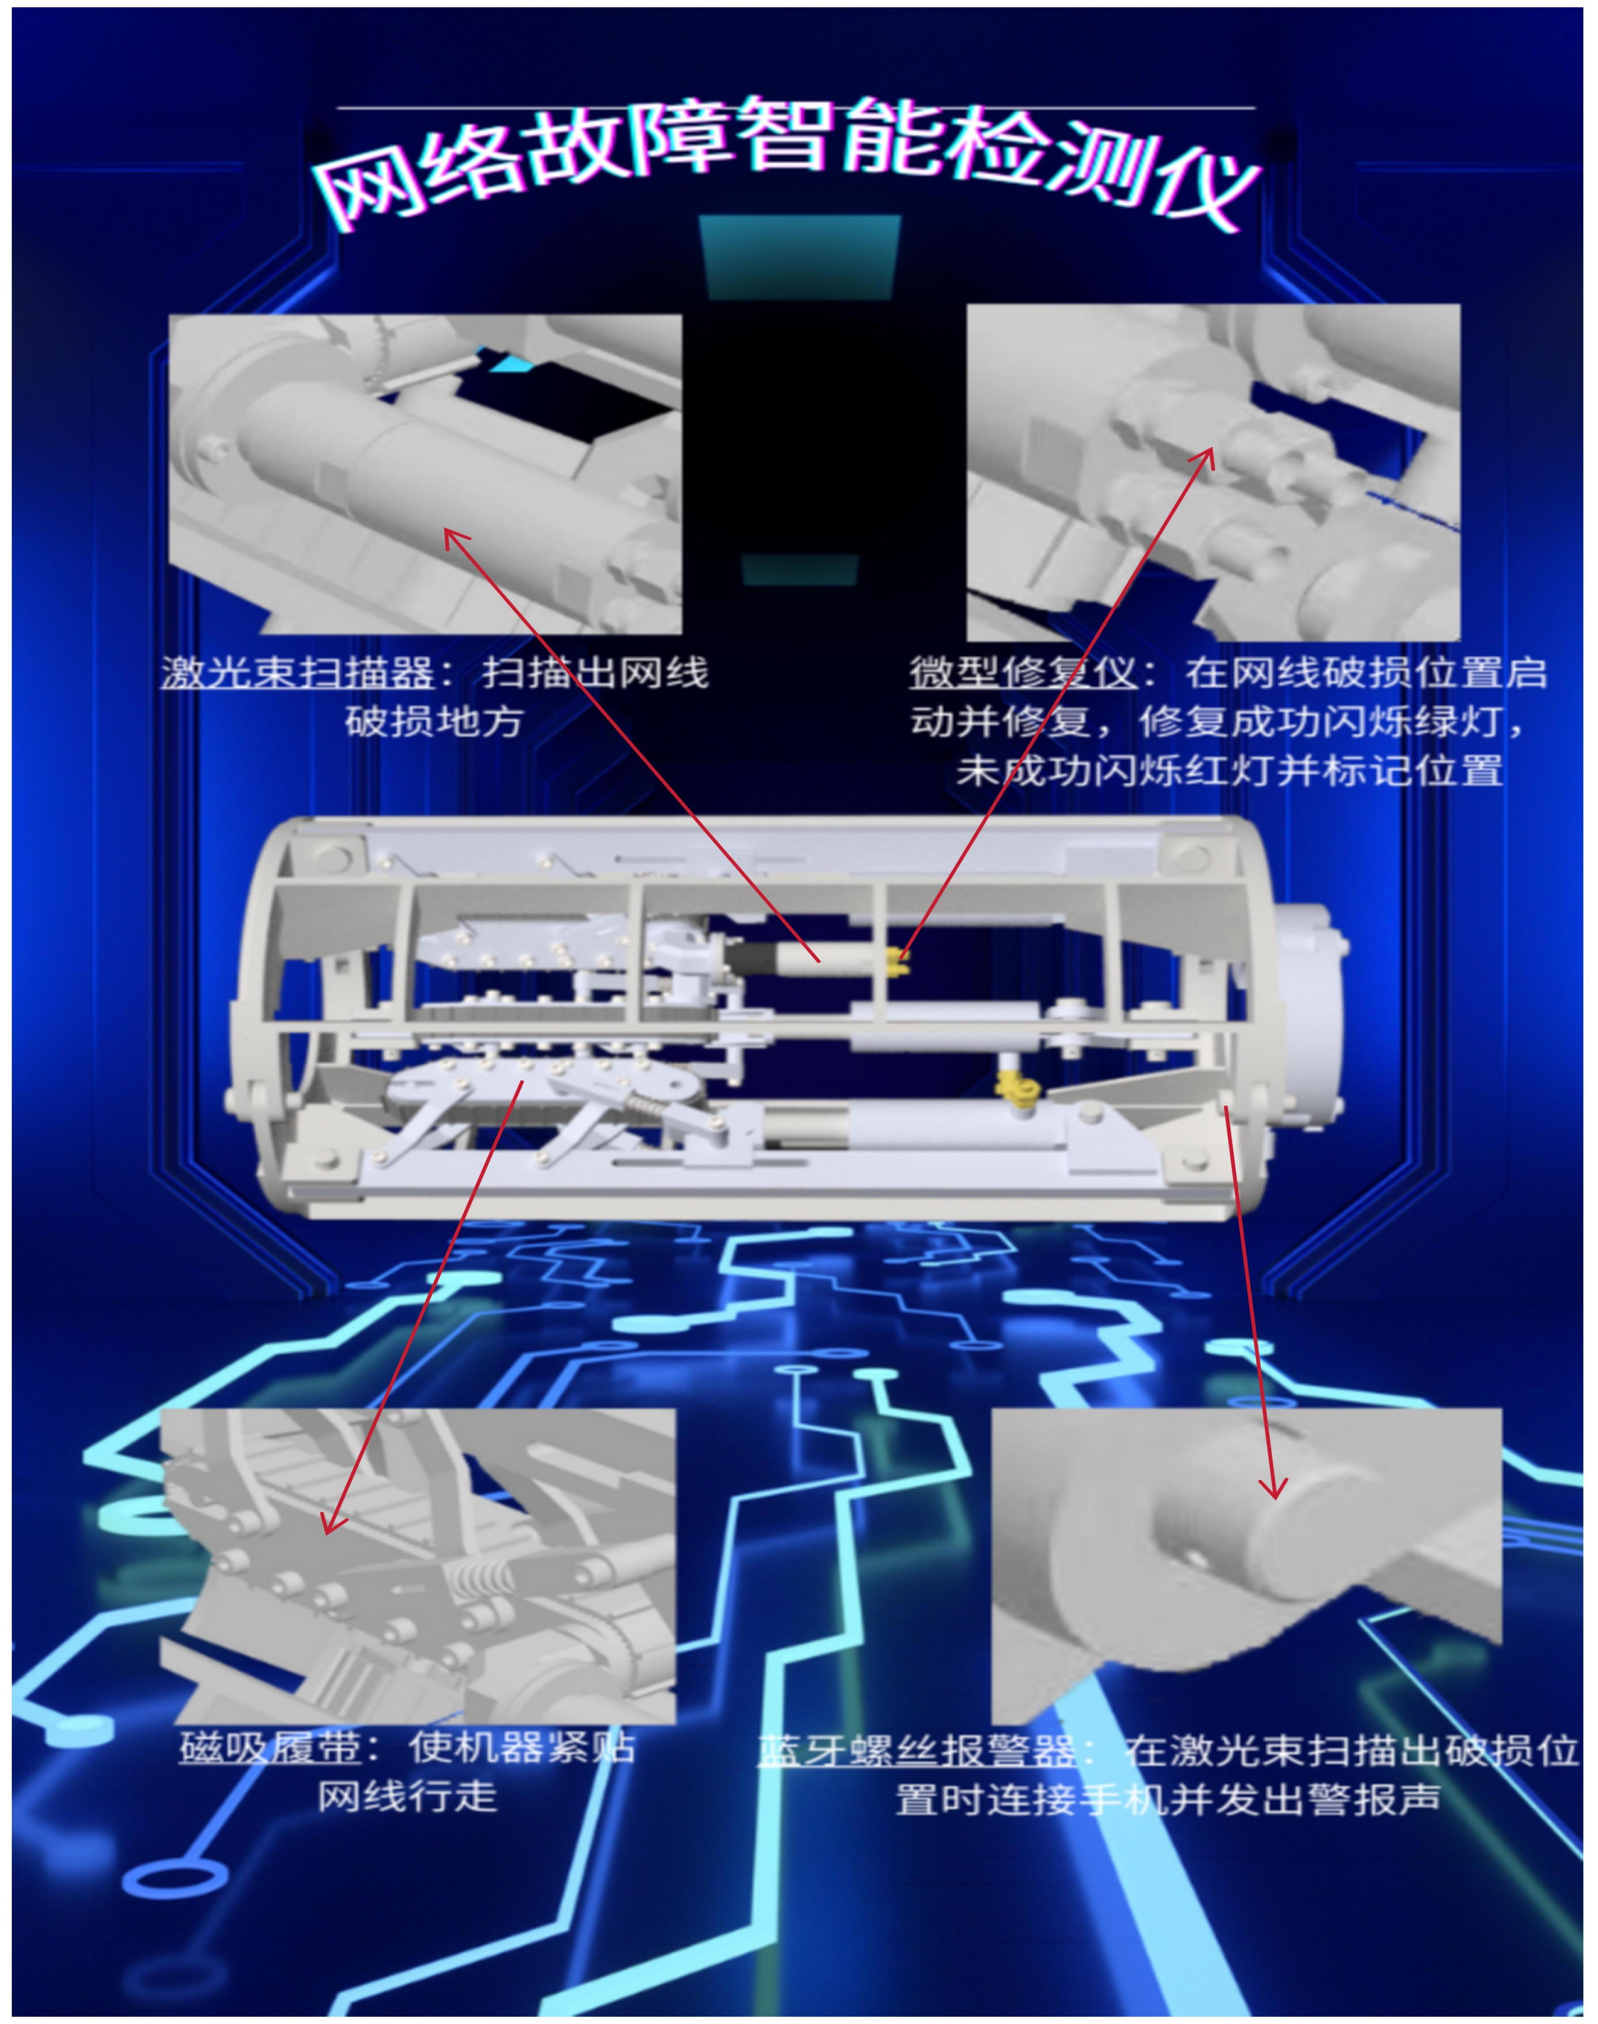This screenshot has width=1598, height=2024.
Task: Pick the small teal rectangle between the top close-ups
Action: [800, 569]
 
